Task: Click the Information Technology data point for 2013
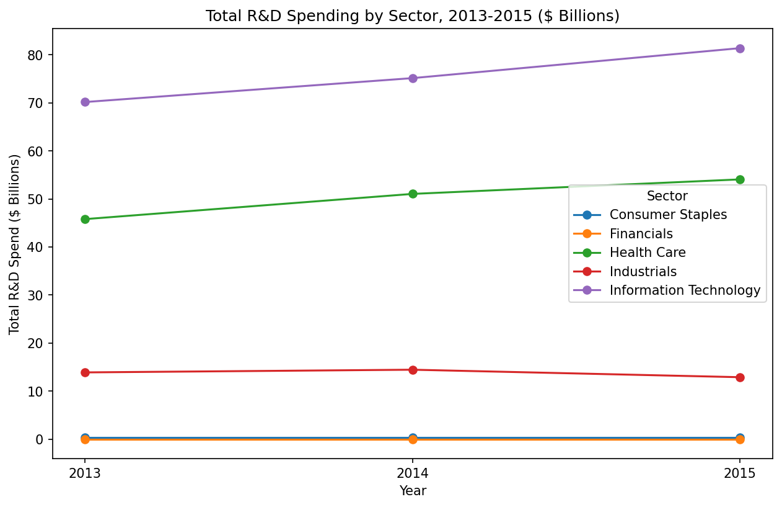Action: pyautogui.click(x=85, y=102)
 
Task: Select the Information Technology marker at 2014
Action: pyautogui.click(x=413, y=78)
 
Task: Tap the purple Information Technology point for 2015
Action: pyautogui.click(x=740, y=48)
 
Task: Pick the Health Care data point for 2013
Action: pyautogui.click(x=85, y=219)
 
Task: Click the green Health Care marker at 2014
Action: pyautogui.click(x=413, y=194)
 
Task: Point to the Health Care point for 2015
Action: pyautogui.click(x=740, y=179)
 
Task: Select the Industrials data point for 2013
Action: pyautogui.click(x=85, y=372)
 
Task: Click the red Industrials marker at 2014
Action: pyautogui.click(x=413, y=370)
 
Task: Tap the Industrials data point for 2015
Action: pyautogui.click(x=740, y=377)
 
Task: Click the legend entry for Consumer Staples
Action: pyautogui.click(x=668, y=215)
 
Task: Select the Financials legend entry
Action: pyautogui.click(x=641, y=234)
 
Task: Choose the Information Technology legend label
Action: pyautogui.click(x=685, y=290)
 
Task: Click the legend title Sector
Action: pyautogui.click(x=667, y=196)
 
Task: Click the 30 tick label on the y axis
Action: pyautogui.click(x=38, y=295)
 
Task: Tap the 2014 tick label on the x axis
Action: pyautogui.click(x=413, y=473)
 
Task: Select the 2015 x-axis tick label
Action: pyautogui.click(x=740, y=473)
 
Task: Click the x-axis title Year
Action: pyautogui.click(x=413, y=491)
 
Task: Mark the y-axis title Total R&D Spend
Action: pyautogui.click(x=15, y=244)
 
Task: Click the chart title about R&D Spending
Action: pyautogui.click(x=413, y=16)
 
